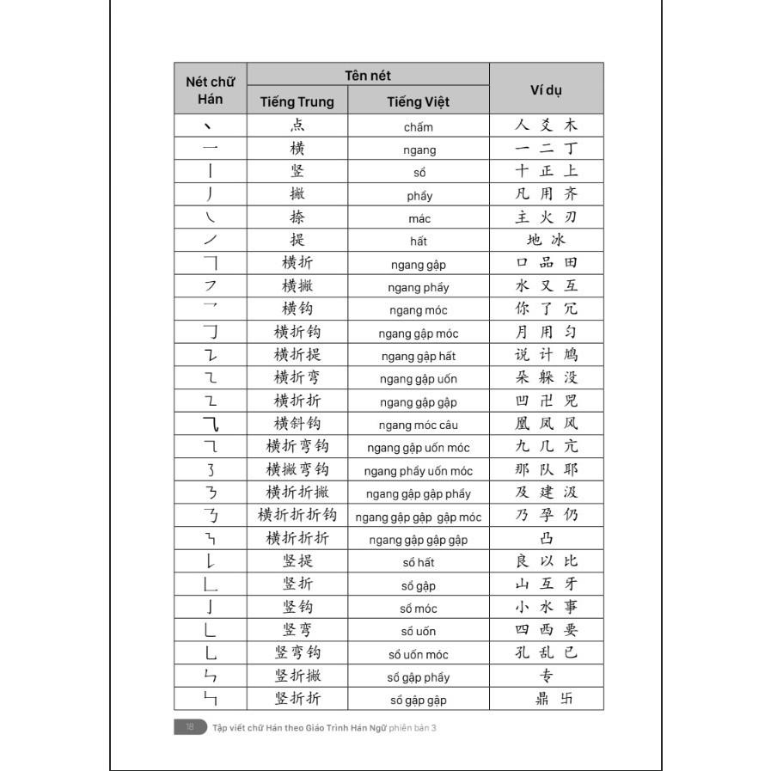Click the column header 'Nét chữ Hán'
(210, 89)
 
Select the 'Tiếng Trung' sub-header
(297, 101)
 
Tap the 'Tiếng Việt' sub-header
(418, 101)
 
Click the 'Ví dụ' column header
(547, 89)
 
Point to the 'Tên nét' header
(368, 76)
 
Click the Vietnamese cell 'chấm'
(419, 127)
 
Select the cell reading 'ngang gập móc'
(419, 333)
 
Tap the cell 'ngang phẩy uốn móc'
(419, 471)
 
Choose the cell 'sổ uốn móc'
(419, 654)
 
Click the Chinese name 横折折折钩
(297, 516)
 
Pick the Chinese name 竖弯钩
(297, 652)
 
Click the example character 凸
(547, 539)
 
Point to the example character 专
(547, 676)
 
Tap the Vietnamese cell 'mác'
(419, 218)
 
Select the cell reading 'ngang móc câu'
(419, 425)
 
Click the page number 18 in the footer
(189, 727)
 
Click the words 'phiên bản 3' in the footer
(413, 727)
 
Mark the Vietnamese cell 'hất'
(419, 242)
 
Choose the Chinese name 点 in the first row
(297, 125)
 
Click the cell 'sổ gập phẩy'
(419, 677)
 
